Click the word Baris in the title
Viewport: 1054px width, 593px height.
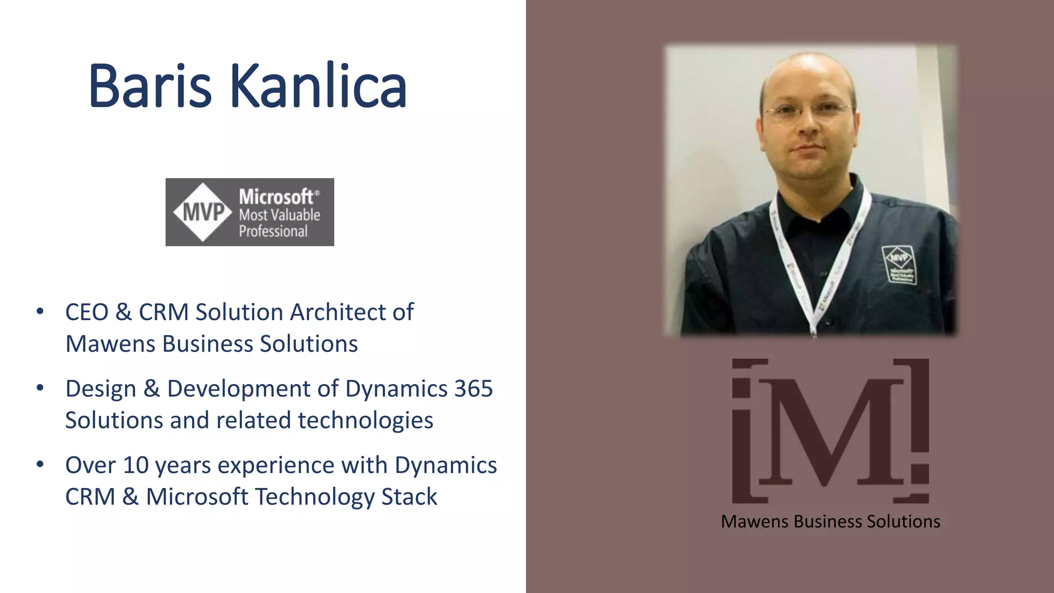(x=150, y=86)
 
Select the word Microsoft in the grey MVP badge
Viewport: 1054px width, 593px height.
(x=276, y=197)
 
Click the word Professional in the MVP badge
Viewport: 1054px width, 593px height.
(x=273, y=231)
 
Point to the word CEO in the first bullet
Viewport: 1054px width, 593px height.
(x=86, y=312)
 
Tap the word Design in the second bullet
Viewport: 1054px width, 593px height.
(x=100, y=389)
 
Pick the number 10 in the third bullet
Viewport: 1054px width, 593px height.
(x=135, y=465)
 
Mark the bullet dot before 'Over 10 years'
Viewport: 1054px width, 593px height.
(x=40, y=464)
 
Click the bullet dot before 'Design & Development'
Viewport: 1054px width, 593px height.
(x=40, y=388)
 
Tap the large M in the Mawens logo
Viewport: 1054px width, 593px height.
(x=830, y=431)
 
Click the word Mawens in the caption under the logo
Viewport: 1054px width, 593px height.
(x=755, y=521)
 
